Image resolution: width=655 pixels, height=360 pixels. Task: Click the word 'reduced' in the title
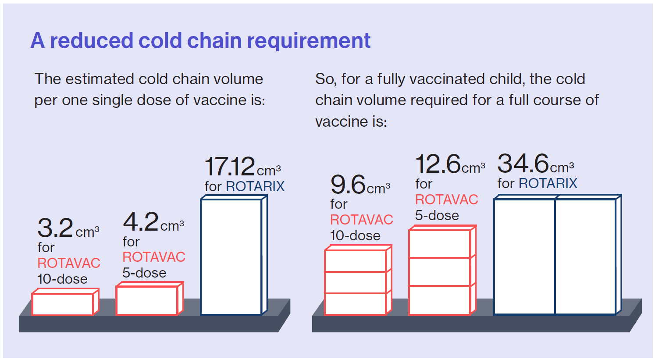(x=92, y=40)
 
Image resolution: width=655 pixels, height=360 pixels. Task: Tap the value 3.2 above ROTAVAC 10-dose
(x=55, y=228)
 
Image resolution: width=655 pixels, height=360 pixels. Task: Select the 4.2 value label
(x=141, y=222)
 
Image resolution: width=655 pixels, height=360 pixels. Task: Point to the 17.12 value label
(x=230, y=166)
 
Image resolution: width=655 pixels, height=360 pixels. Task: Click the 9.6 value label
(x=348, y=185)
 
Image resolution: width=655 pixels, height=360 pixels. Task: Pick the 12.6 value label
(x=438, y=164)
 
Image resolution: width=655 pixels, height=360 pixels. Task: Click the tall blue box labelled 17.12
(x=234, y=255)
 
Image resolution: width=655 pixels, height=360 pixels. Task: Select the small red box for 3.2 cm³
(x=65, y=302)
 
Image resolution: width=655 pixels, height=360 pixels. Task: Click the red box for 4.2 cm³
(x=150, y=299)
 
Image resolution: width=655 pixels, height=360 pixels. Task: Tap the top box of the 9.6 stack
(x=358, y=259)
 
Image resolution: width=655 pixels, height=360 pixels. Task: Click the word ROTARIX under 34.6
(x=548, y=184)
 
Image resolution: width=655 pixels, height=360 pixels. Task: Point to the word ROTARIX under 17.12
(x=255, y=187)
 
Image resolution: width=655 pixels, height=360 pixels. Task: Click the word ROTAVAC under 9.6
(x=361, y=220)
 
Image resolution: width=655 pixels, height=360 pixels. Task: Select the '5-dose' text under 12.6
(x=437, y=216)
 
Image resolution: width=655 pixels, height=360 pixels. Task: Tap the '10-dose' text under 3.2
(x=62, y=279)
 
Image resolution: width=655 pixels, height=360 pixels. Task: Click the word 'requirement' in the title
(x=309, y=41)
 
